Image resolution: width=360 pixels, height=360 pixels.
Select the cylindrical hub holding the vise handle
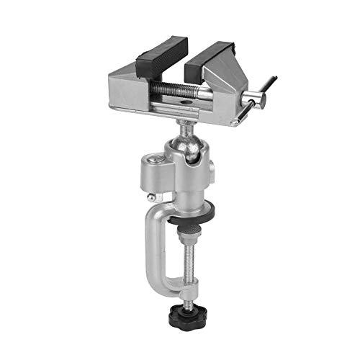(253, 100)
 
